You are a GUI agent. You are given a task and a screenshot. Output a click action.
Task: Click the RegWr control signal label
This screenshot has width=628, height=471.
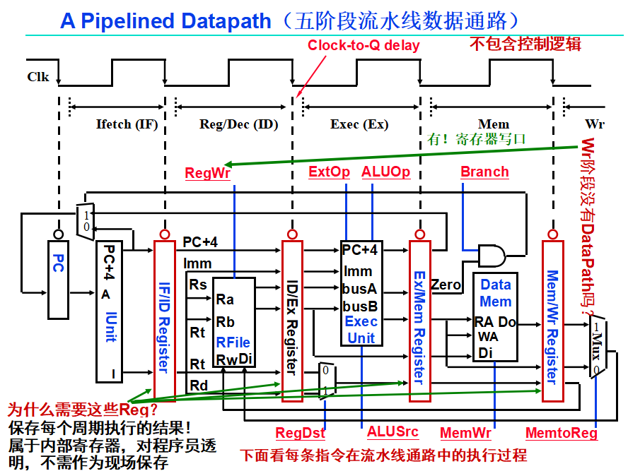[208, 173]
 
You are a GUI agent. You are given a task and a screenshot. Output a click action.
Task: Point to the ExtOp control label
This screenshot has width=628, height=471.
[330, 172]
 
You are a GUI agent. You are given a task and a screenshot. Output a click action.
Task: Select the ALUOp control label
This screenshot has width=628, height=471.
[385, 172]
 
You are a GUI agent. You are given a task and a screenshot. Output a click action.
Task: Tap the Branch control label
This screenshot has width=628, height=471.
[484, 172]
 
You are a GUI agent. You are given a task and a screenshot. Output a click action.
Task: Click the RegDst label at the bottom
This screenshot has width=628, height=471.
[300, 433]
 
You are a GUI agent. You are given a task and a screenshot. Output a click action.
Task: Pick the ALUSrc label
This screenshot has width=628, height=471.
[392, 431]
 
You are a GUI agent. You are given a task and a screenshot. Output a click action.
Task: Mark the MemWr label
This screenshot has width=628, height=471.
[465, 432]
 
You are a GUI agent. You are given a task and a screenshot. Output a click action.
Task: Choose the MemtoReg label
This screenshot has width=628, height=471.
[562, 432]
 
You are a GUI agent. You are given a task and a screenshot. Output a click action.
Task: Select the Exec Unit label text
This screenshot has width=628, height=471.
[361, 330]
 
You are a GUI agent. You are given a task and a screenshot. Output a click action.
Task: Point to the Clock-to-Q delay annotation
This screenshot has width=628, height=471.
[364, 45]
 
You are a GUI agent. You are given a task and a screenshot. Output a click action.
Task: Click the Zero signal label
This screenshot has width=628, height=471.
[446, 285]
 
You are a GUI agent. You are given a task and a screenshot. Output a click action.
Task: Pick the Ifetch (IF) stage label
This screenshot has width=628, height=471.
[127, 124]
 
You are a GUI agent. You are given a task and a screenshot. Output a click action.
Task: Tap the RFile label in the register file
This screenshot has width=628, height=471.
[233, 343]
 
